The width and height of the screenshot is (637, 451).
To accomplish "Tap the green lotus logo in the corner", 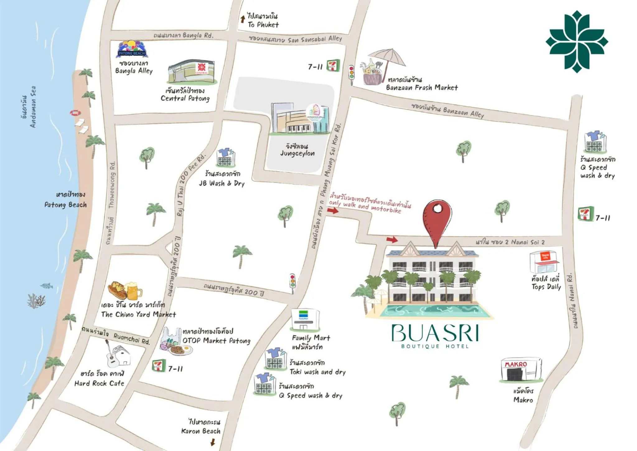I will (x=577, y=41).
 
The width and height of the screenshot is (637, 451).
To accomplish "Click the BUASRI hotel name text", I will (x=435, y=333).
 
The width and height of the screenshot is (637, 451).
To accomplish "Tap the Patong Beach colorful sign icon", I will (x=132, y=49).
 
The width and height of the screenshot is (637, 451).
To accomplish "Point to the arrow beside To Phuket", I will (x=242, y=19).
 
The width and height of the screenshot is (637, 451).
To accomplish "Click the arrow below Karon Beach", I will (x=213, y=442).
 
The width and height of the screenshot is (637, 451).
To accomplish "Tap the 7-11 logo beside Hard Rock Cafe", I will (x=159, y=366).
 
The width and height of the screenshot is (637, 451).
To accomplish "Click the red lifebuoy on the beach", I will (x=75, y=112).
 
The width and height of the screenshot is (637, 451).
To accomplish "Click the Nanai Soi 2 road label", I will (x=510, y=242).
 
